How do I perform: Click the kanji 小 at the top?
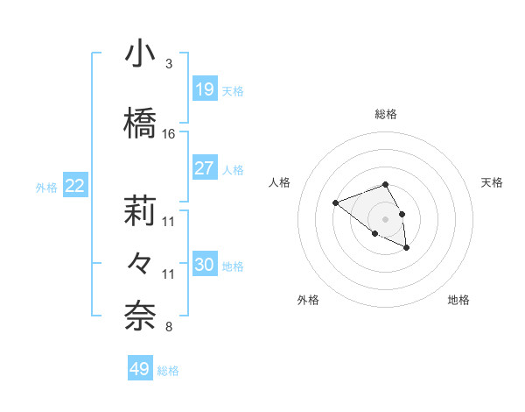point(140,54)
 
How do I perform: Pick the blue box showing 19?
point(204,89)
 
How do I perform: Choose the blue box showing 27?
point(204,168)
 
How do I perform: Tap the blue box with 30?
point(204,265)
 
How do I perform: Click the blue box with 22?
point(75,186)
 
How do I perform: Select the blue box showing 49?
point(140,369)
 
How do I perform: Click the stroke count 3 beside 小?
point(168,65)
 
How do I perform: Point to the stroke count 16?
point(169,134)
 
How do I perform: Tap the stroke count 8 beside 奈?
point(168,328)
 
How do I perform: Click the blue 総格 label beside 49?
point(169,371)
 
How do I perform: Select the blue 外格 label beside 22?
point(46,187)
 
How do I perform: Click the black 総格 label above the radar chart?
point(385,114)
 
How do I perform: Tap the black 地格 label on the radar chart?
point(458,300)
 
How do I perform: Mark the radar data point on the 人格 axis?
point(335,203)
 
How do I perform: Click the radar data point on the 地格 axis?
point(407,249)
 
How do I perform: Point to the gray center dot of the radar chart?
point(385,219)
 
